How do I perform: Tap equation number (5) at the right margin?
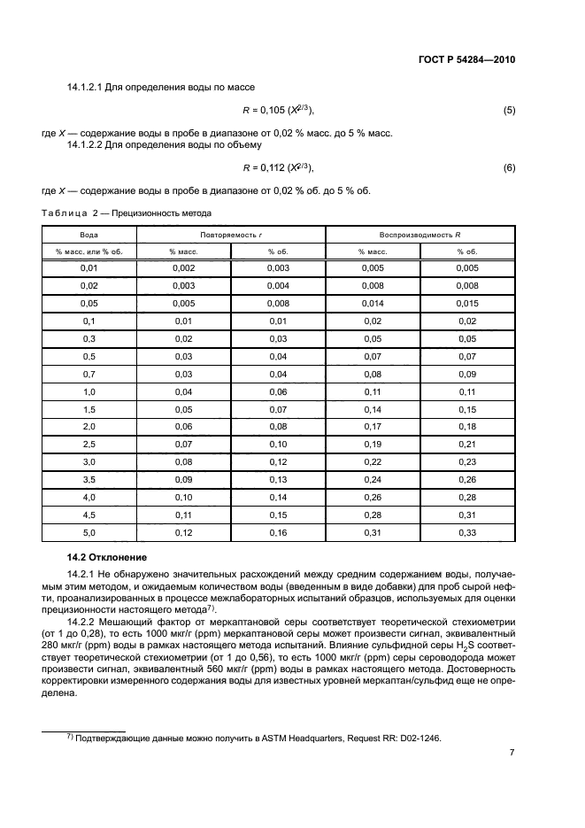509,111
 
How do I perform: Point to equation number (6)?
509,167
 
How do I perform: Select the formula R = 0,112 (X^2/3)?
278,167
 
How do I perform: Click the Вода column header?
89,235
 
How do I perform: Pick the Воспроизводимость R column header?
421,235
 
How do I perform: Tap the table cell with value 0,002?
183,267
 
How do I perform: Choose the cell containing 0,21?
466,443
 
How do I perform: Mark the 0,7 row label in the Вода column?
89,375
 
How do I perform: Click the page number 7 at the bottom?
512,753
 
